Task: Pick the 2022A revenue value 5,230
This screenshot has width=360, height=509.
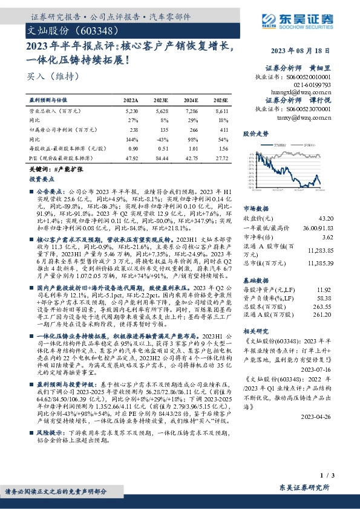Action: (x=131, y=112)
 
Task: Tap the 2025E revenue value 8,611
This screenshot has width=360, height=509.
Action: (x=221, y=112)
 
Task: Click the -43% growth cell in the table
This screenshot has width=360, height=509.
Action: (x=162, y=138)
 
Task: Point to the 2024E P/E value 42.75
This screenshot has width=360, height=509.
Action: (x=191, y=157)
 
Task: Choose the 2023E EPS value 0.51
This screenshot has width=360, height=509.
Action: (x=162, y=148)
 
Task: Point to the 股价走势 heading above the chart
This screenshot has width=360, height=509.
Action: (x=255, y=132)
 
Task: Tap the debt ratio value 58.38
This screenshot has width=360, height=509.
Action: (x=327, y=299)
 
